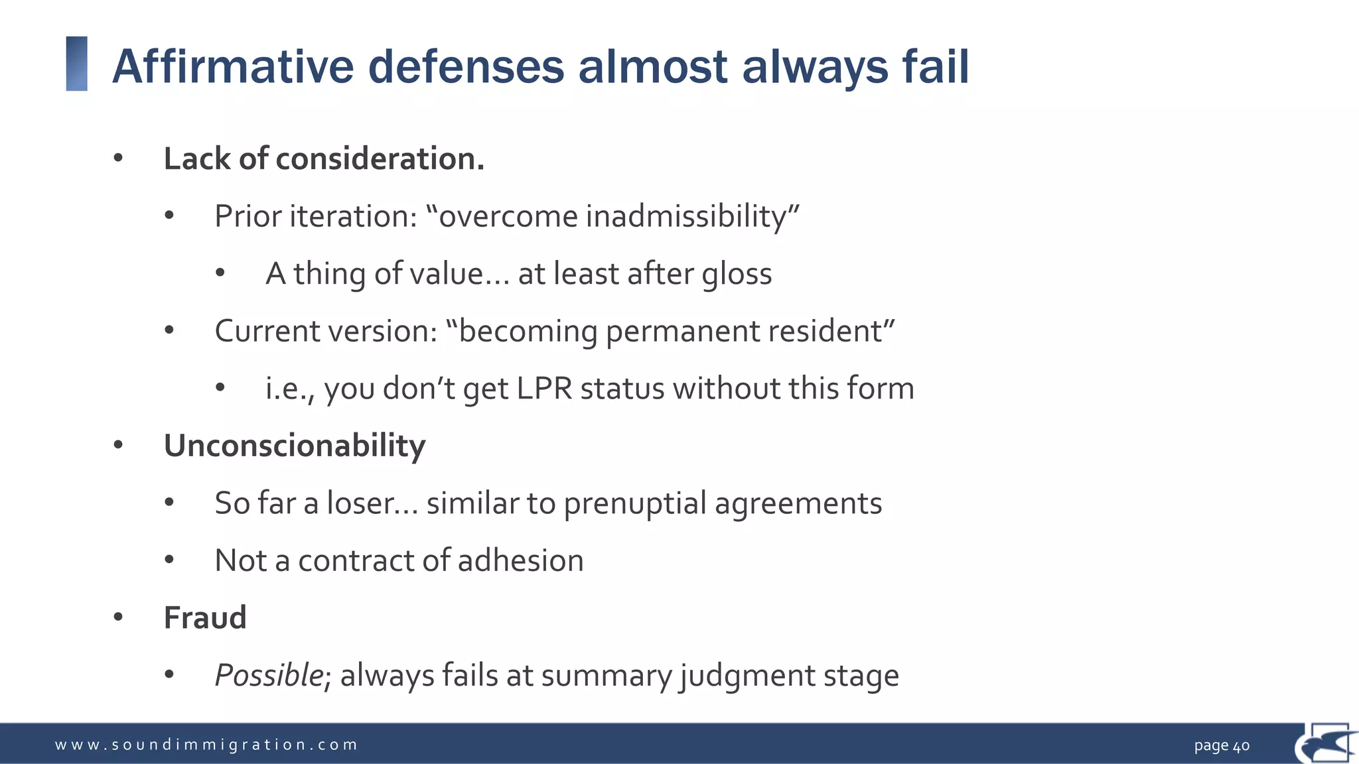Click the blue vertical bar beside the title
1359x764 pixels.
pos(77,64)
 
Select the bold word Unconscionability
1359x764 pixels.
pos(294,446)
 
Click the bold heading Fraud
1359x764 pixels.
pos(205,618)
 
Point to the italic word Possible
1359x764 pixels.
pos(269,676)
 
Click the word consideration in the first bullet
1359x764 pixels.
pos(379,159)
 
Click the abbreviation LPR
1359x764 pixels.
pos(544,389)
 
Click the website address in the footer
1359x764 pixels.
pos(206,745)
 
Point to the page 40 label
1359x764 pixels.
pos(1221,745)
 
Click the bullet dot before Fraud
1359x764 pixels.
pos(118,618)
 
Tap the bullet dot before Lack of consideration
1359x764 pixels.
pos(118,159)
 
